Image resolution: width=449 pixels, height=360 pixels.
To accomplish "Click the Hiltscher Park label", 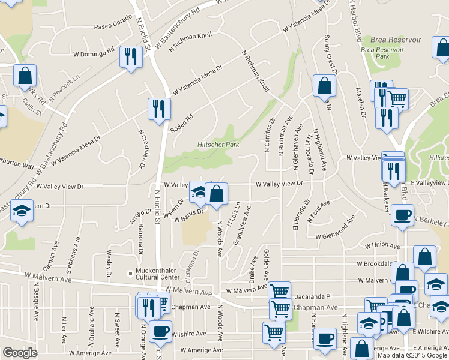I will click(x=218, y=145).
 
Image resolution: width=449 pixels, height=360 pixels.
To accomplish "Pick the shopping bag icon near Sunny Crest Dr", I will click(x=324, y=86).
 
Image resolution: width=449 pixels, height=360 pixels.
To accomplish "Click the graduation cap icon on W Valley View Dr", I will click(x=199, y=192).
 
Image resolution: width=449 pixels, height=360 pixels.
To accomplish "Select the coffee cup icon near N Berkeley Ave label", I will click(x=402, y=215).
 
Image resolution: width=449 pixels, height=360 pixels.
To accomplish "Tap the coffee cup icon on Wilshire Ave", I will click(x=160, y=331).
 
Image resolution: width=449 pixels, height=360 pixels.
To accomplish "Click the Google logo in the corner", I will click(x=20, y=353).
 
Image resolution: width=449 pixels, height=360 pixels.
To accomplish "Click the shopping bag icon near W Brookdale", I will click(x=424, y=257).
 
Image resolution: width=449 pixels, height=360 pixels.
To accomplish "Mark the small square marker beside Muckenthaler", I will click(x=130, y=274).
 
